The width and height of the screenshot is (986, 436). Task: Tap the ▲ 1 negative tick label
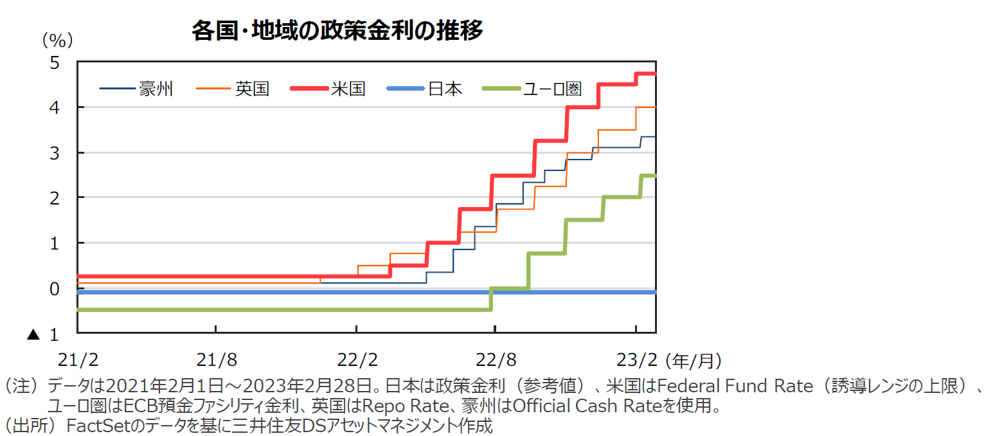point(43,335)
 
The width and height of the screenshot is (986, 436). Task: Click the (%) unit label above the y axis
point(57,41)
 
